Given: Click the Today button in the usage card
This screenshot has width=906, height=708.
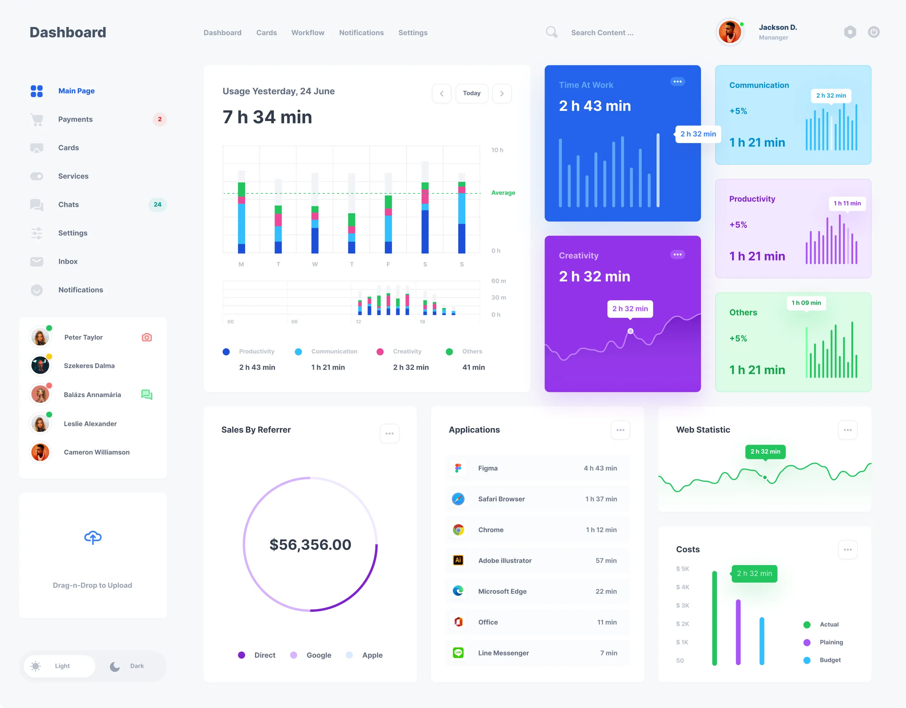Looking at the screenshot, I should point(472,93).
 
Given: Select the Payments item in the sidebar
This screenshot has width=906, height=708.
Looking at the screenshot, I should point(75,120).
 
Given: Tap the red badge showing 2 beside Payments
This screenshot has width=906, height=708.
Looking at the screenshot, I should point(160,120).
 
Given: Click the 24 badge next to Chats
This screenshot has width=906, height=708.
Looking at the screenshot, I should point(158,205).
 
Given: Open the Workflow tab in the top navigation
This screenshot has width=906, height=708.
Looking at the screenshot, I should point(308,33).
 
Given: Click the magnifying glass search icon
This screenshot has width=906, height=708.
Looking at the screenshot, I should point(551,32).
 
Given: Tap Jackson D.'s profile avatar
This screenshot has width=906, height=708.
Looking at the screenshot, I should point(730,32).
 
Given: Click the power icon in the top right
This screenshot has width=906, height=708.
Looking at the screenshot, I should point(874,32).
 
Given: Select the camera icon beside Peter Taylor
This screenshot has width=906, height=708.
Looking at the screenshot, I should point(147,337).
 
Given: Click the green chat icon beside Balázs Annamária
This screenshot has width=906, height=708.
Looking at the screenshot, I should point(147,394).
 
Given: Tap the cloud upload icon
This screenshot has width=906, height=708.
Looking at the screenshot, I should point(93,537).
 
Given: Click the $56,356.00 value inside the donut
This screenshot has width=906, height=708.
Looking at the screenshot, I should point(310,544).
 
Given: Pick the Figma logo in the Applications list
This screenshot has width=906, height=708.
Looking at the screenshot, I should point(458,468).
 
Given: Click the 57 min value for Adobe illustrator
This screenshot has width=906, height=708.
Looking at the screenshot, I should point(606,561).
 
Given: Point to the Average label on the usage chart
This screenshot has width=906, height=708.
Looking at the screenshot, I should point(503,193).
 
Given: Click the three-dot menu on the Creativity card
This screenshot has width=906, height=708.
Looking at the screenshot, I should point(678,254).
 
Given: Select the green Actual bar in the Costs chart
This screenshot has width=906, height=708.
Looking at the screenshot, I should point(714,618).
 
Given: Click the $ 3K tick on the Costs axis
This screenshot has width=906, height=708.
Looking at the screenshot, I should point(683,605).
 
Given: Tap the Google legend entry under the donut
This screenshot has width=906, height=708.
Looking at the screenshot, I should point(318,655).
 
